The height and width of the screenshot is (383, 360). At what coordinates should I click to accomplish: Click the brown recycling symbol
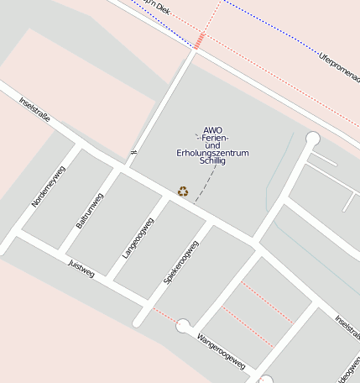[x=183, y=191]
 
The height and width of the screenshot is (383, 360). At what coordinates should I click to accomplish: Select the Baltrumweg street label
[x=90, y=210]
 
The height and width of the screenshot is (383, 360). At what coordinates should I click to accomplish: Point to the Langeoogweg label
[x=138, y=238]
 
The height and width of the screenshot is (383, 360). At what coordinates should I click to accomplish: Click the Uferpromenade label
[x=339, y=67]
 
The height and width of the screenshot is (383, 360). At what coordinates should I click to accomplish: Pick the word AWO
[x=213, y=129]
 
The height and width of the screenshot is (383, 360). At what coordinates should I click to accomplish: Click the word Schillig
[x=213, y=160]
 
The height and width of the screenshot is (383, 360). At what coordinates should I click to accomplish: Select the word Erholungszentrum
[x=213, y=152]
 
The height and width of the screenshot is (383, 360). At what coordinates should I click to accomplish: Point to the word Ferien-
[x=214, y=137]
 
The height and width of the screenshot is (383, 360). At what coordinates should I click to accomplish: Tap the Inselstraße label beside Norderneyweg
[x=34, y=109]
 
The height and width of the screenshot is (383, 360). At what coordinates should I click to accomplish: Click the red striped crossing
[x=200, y=40]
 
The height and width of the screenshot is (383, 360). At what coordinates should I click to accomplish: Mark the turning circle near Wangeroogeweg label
[x=183, y=326]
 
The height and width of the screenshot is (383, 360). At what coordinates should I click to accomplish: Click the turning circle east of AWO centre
[x=313, y=139]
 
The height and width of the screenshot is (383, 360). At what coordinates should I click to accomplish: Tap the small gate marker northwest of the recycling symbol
[x=133, y=152]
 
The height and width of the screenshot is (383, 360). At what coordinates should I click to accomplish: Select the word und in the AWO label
[x=213, y=144]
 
